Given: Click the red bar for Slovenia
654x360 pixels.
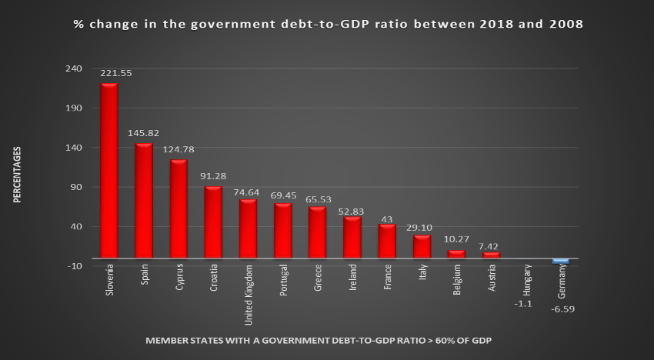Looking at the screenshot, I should click(109, 171).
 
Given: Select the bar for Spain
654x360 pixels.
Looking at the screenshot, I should click(144, 201).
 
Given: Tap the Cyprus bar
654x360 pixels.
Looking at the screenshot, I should click(179, 209).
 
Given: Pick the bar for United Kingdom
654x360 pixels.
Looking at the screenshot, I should click(248, 229).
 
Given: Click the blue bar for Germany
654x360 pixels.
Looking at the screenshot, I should click(561, 262).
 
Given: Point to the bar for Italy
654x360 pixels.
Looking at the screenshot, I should click(422, 247).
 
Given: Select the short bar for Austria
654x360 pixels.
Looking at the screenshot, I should click(491, 255).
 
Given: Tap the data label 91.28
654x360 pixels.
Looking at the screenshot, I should click(212, 176).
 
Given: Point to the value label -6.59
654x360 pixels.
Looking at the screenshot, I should click(562, 309).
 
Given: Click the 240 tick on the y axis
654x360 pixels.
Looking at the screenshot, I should click(75, 68).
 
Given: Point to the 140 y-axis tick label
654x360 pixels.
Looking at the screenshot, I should click(75, 148).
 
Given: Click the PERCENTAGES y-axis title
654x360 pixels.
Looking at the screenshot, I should click(17, 175).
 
